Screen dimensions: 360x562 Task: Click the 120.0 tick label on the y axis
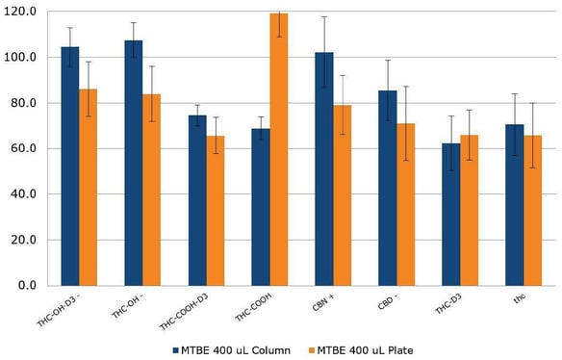21,12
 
